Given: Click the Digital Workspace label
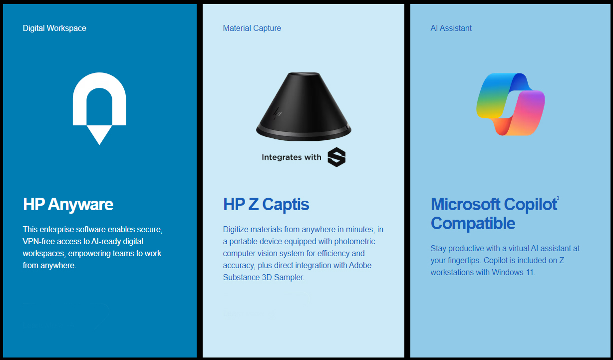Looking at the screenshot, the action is pyautogui.click(x=54, y=28).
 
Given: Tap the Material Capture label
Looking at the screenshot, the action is pyautogui.click(x=252, y=28).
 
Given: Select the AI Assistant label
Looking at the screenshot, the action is pyautogui.click(x=451, y=28).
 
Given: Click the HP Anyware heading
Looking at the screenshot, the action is pyautogui.click(x=68, y=204).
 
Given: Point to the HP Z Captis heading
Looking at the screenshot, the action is pyautogui.click(x=266, y=204).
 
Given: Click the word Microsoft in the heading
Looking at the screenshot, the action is pyautogui.click(x=466, y=204).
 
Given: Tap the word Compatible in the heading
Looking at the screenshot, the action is pyautogui.click(x=473, y=223).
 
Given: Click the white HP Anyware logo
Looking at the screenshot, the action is pyautogui.click(x=99, y=108).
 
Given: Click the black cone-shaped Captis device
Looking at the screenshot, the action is pyautogui.click(x=304, y=107).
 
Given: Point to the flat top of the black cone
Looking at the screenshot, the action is pyautogui.click(x=304, y=75).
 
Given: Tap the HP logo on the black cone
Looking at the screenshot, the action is pyautogui.click(x=278, y=113).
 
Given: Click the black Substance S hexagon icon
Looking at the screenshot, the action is pyautogui.click(x=336, y=157).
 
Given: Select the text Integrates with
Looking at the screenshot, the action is pyautogui.click(x=292, y=157).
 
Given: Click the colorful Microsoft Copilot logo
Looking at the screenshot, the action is pyautogui.click(x=511, y=104).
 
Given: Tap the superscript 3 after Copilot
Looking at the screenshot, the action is pyautogui.click(x=558, y=198).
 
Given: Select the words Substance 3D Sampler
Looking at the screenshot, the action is pyautogui.click(x=263, y=277).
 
